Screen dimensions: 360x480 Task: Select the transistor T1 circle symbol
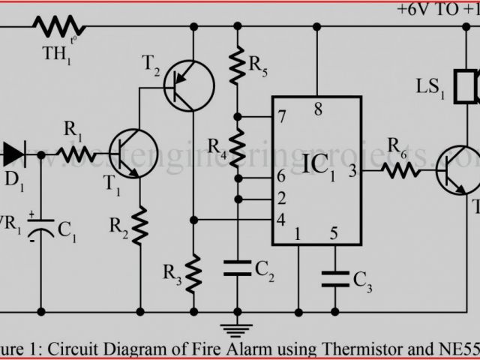pyautogui.click(x=133, y=154)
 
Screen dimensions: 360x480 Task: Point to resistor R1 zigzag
pyautogui.click(x=77, y=154)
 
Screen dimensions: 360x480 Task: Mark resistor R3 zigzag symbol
pyautogui.click(x=193, y=271)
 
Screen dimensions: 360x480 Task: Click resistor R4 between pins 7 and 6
pyautogui.click(x=238, y=148)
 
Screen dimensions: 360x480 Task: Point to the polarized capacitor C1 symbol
pyautogui.click(x=39, y=229)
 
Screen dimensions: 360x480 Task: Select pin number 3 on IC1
pyautogui.click(x=352, y=170)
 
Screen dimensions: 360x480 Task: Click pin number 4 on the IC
pyautogui.click(x=280, y=220)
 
